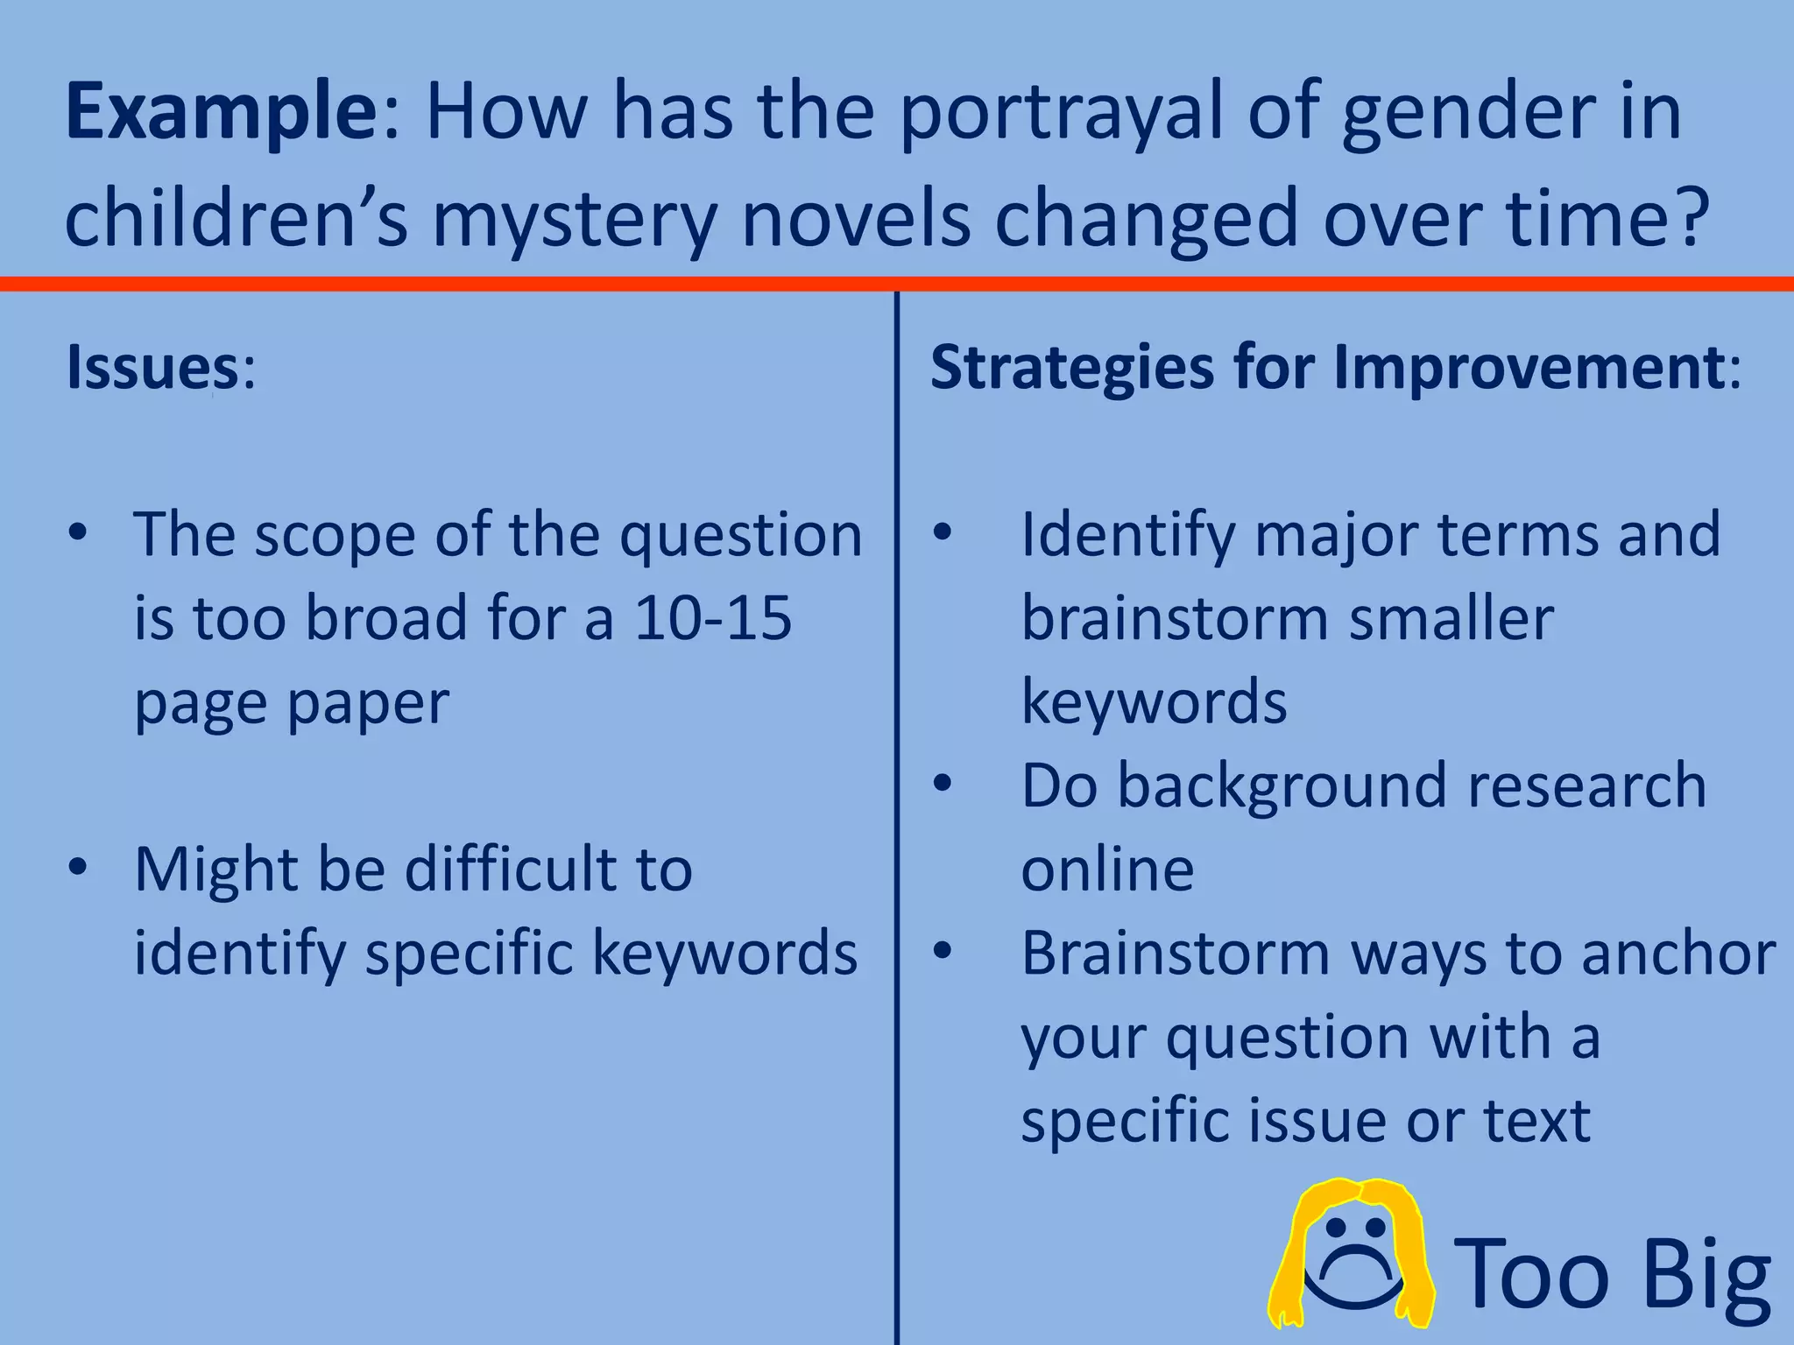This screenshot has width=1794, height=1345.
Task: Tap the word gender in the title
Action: pyautogui.click(x=1470, y=113)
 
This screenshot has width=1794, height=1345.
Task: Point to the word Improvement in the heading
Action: pyautogui.click(x=1529, y=368)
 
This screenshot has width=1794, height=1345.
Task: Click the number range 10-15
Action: pyautogui.click(x=712, y=618)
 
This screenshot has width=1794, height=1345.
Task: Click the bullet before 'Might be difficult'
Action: pyautogui.click(x=78, y=868)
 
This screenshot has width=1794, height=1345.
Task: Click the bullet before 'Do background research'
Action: pyautogui.click(x=943, y=784)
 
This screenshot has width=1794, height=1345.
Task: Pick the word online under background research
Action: pyautogui.click(x=1107, y=870)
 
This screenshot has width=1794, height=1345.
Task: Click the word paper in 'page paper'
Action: pyautogui.click(x=368, y=703)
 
